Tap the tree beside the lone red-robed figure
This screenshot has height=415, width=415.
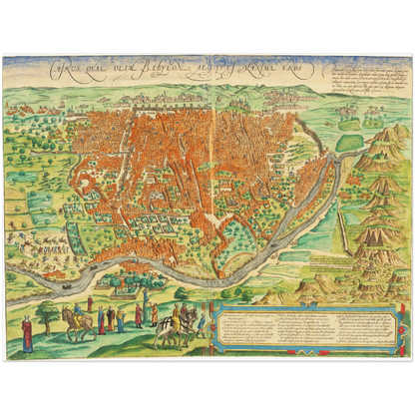click(45, 317)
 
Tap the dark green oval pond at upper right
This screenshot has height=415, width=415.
click(349, 143)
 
